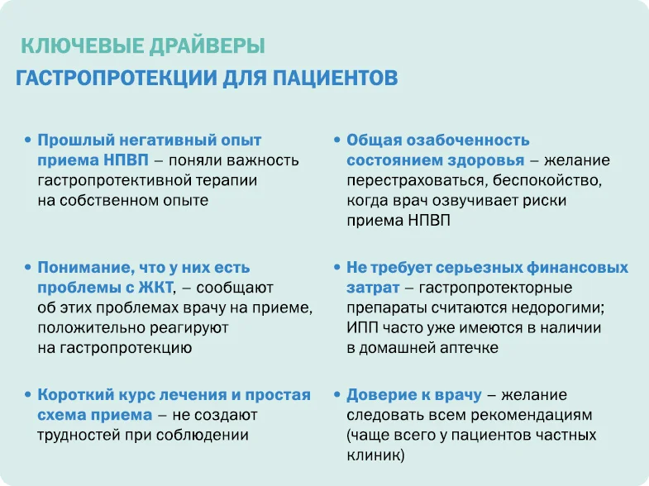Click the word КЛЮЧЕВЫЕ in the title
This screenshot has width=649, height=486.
point(83,46)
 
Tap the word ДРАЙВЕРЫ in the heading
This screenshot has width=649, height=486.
point(207,46)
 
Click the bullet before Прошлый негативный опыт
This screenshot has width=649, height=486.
point(28,141)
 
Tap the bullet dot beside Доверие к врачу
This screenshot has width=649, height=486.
point(337,395)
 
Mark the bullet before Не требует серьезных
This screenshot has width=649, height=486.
point(337,268)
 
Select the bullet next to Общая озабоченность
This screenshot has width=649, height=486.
point(337,141)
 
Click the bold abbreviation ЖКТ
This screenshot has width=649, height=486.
point(155,288)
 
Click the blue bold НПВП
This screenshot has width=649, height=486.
point(126,160)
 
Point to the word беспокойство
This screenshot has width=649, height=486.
point(547,181)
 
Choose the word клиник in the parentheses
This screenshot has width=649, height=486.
point(373,455)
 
